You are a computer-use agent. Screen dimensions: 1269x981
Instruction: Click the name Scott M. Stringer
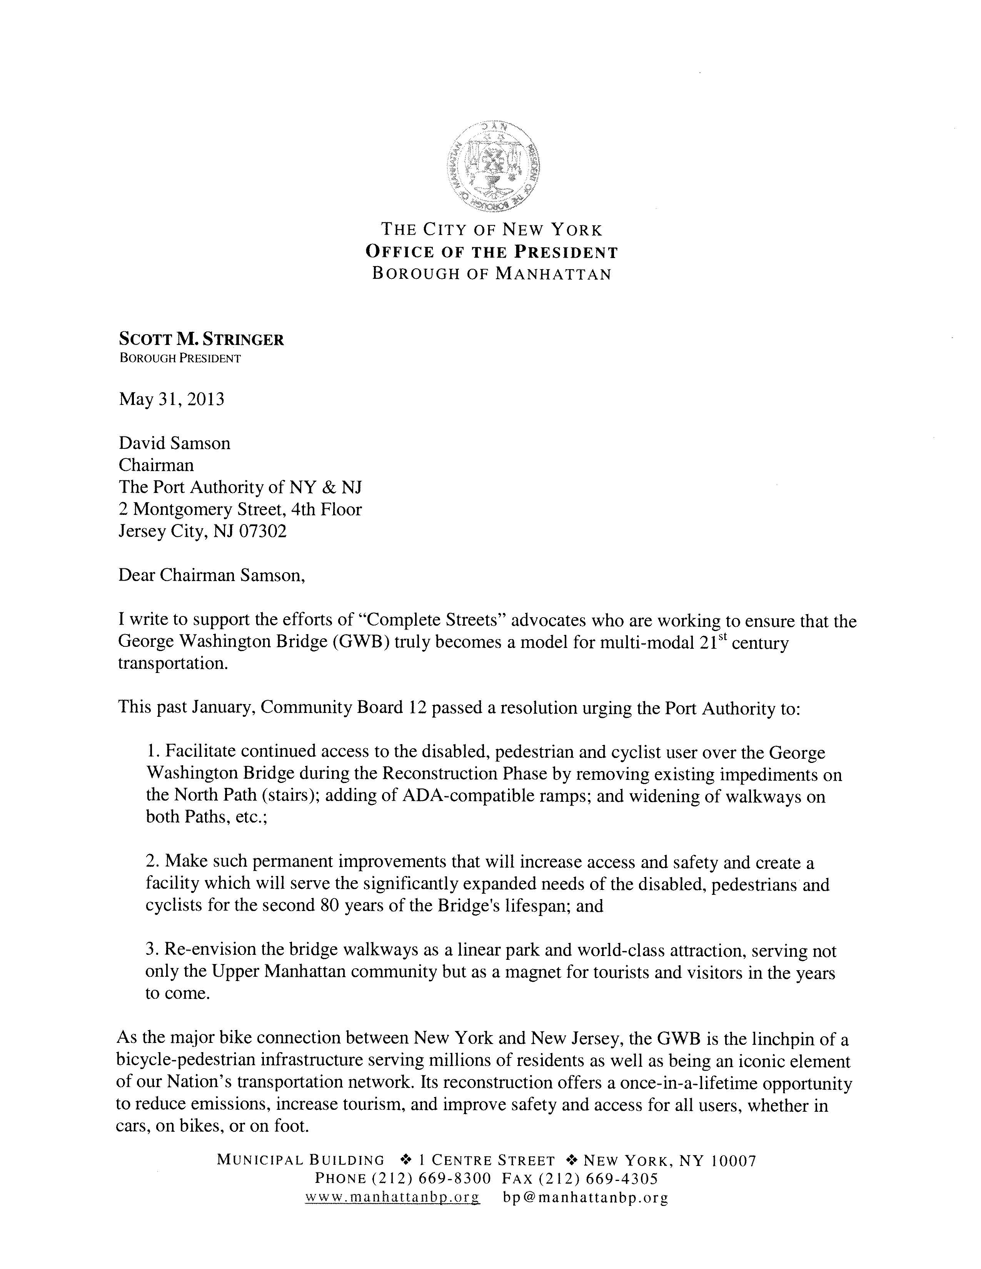(201, 339)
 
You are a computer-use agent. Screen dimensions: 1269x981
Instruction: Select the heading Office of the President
(492, 252)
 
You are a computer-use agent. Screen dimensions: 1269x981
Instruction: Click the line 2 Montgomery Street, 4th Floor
(240, 509)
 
